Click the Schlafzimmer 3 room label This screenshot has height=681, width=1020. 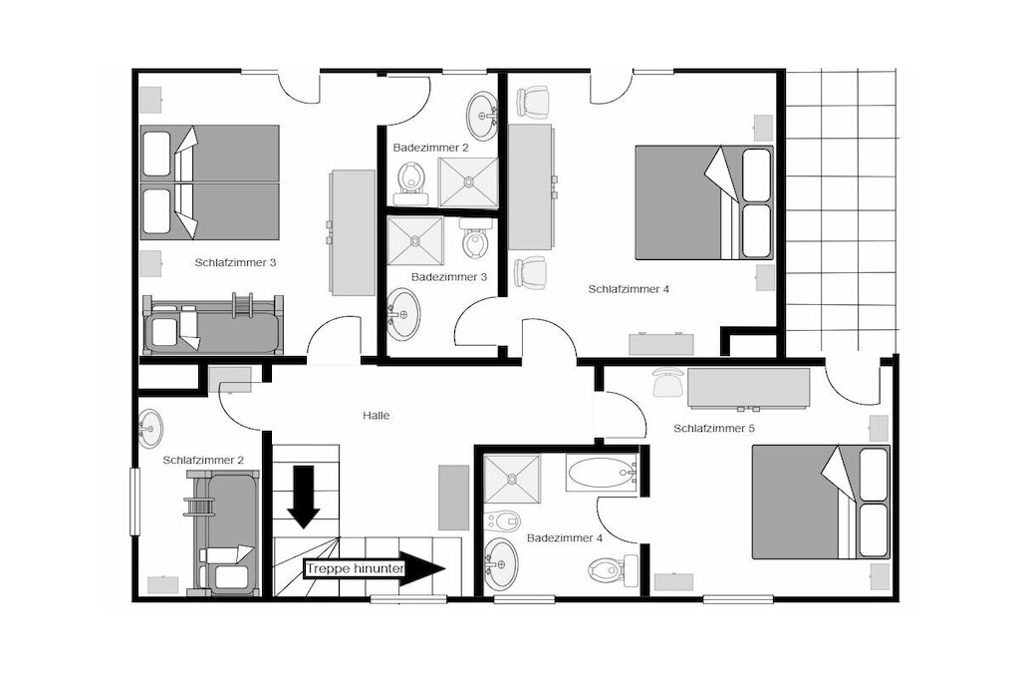coord(235,262)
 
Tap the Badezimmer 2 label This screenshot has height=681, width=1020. coord(430,148)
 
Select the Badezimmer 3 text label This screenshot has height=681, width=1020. coord(449,277)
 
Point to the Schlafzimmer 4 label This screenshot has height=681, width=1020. coord(629,289)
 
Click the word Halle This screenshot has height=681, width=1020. coord(376,416)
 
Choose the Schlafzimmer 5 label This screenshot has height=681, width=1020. coord(713,429)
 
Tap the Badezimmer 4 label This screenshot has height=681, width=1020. coord(565,538)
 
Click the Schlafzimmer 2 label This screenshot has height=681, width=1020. coord(203,461)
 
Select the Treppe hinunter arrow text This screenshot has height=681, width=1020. coord(356,568)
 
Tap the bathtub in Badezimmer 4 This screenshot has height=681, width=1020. coord(602,473)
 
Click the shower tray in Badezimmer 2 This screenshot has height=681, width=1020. coord(468,182)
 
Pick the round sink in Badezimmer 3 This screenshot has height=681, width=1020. coord(403,315)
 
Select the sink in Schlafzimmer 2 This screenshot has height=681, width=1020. coord(150,429)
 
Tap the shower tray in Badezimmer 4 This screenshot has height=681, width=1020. coord(513,480)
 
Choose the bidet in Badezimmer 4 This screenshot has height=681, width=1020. coord(503,520)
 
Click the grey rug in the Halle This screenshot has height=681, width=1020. coord(453,498)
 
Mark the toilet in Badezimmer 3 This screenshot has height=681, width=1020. coord(476,238)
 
